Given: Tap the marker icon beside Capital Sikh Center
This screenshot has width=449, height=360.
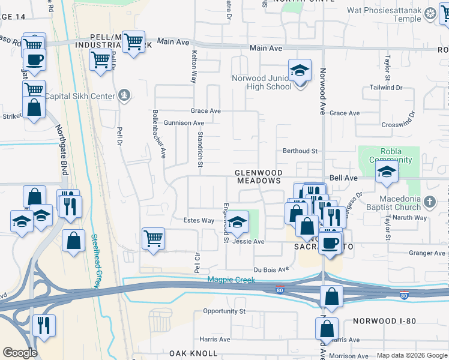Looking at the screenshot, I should pos(124,94).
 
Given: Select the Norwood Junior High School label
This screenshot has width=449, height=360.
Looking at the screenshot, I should pos(262,82).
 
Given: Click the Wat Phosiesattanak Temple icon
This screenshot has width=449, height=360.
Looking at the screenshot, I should pos(430,13).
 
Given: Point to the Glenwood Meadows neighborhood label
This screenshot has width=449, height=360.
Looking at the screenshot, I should pos(258,176).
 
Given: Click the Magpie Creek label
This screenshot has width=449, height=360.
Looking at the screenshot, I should pos(231,280).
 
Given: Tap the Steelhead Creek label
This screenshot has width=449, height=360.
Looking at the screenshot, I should pos(95,260).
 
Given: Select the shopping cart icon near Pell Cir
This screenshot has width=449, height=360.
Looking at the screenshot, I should pos(153,238).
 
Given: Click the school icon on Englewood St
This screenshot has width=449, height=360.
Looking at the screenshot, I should pos(238,223).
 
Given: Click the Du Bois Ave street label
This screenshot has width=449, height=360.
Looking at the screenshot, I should pos(271,269).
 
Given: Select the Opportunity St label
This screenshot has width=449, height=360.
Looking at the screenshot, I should pos(224,311).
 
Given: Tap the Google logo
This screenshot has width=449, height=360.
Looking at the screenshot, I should pos(20,353).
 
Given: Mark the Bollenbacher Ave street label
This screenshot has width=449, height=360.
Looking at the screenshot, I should pos(158,133).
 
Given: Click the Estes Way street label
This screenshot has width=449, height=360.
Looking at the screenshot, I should pos(199,221).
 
